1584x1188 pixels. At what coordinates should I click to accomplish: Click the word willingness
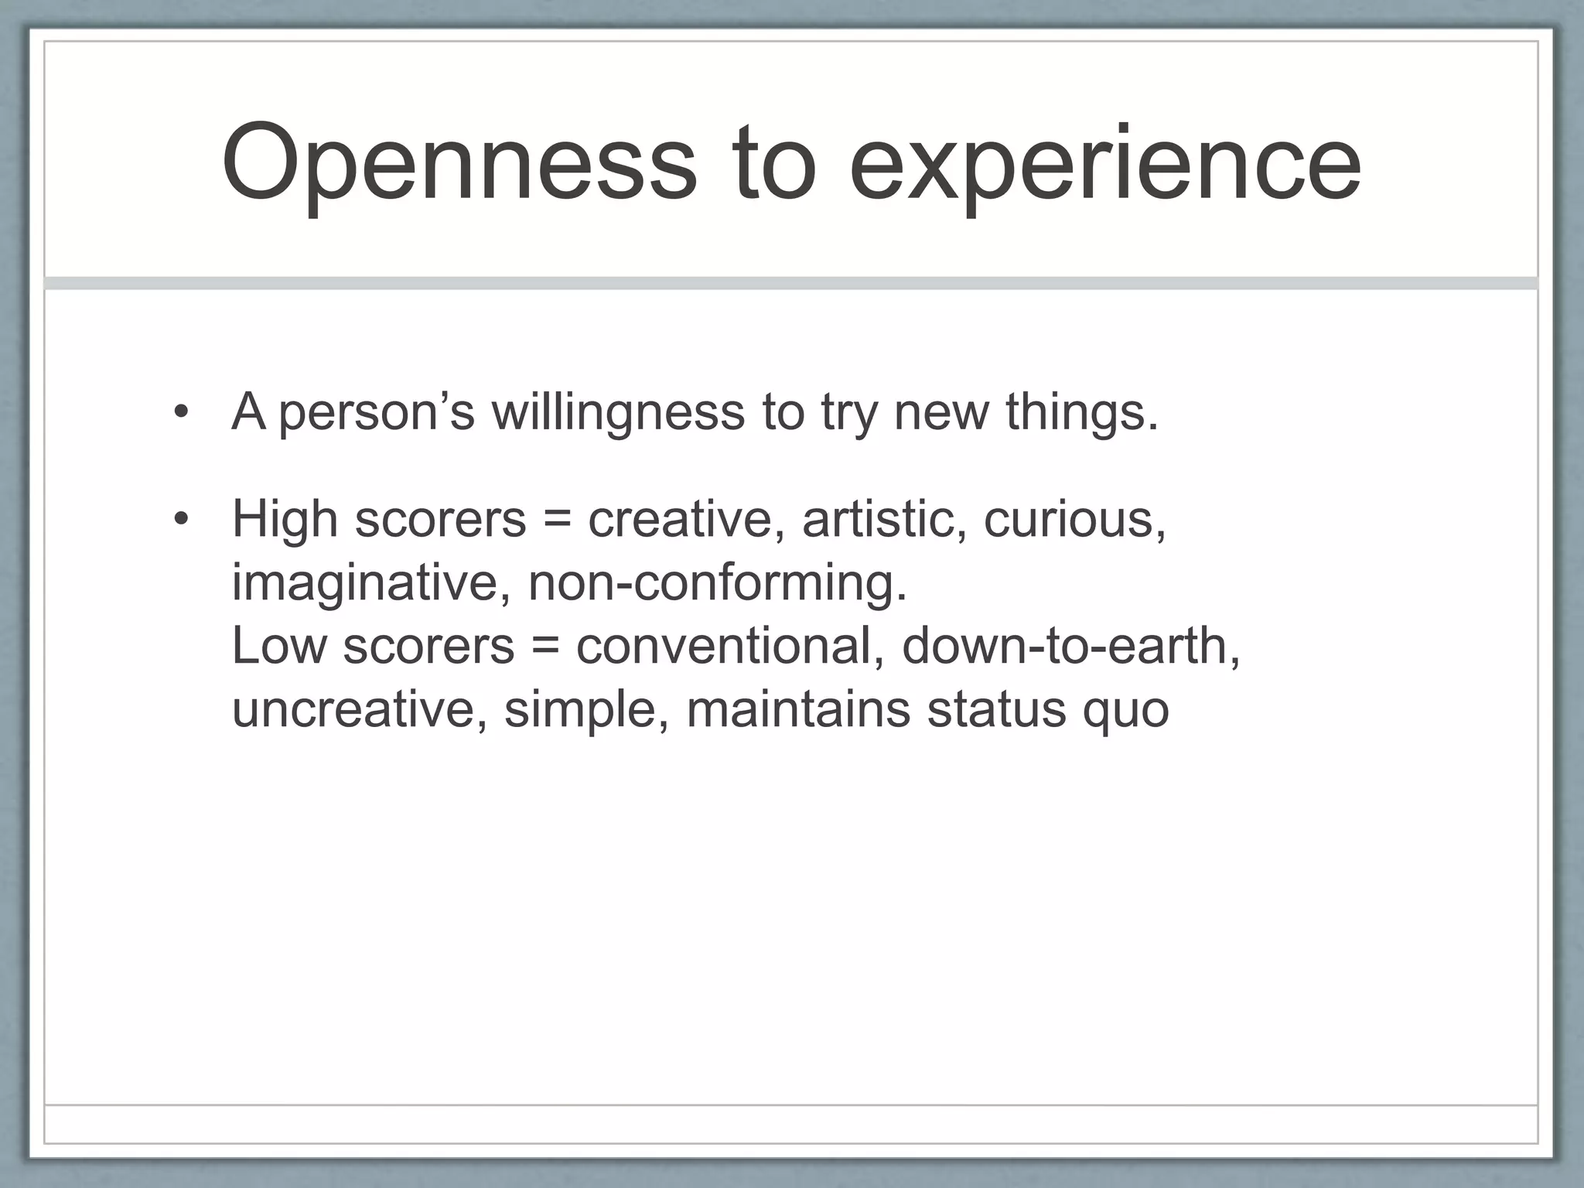(618, 411)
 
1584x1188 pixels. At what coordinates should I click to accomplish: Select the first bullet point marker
(181, 412)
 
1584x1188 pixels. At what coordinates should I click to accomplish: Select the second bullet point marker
(181, 519)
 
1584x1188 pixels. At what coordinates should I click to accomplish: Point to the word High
(285, 519)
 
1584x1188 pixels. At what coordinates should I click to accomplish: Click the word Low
(278, 646)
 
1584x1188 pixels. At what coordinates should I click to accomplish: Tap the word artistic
(884, 519)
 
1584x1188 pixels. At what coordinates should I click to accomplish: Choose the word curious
(1074, 519)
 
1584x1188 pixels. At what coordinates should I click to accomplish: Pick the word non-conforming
(717, 582)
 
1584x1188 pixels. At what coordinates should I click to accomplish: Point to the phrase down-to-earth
(1070, 646)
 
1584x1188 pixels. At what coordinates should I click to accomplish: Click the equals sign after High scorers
(557, 519)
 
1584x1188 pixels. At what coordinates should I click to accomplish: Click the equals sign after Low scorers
(545, 646)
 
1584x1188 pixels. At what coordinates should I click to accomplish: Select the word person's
(376, 411)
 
